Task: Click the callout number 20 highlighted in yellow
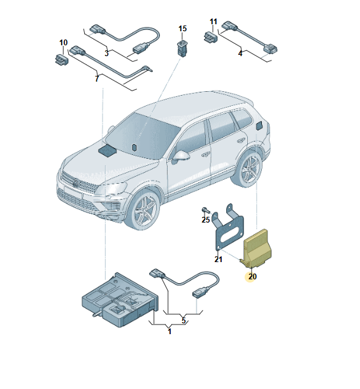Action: tap(252, 276)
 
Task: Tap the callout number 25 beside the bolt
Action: tap(206, 219)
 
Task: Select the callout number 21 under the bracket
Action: tap(218, 260)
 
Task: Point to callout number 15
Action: tap(182, 29)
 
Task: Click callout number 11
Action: tap(213, 22)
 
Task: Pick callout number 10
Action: tap(64, 43)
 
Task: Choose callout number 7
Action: tap(97, 78)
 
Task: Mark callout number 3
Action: tap(106, 53)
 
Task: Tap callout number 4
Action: tap(240, 53)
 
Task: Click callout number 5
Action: tap(184, 320)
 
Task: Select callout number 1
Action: tap(169, 332)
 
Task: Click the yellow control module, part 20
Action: tap(258, 249)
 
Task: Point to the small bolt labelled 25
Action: tap(205, 210)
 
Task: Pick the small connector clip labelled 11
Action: tap(211, 38)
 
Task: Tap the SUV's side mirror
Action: tap(180, 156)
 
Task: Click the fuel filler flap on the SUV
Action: tap(261, 125)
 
